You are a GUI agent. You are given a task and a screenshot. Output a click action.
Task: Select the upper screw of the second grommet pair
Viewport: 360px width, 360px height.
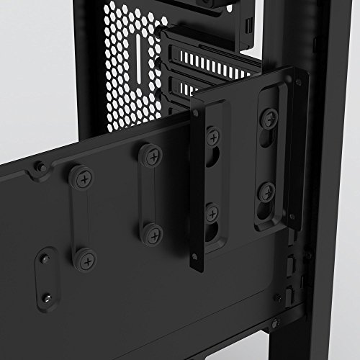[x=150, y=153]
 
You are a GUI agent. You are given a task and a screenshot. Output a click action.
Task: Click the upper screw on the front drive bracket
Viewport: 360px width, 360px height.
[x=212, y=134]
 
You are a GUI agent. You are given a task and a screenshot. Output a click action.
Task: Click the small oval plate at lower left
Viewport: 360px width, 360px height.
[x=46, y=275]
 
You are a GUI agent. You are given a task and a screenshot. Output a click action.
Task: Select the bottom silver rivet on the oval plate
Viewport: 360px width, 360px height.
[x=48, y=296]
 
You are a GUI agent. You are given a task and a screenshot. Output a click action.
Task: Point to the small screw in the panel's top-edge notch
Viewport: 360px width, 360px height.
[x=42, y=167]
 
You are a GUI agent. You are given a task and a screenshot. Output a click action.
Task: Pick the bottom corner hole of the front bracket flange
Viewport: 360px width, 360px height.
[x=196, y=256]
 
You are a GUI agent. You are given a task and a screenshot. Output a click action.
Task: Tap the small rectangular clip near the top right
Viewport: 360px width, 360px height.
[x=248, y=26]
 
